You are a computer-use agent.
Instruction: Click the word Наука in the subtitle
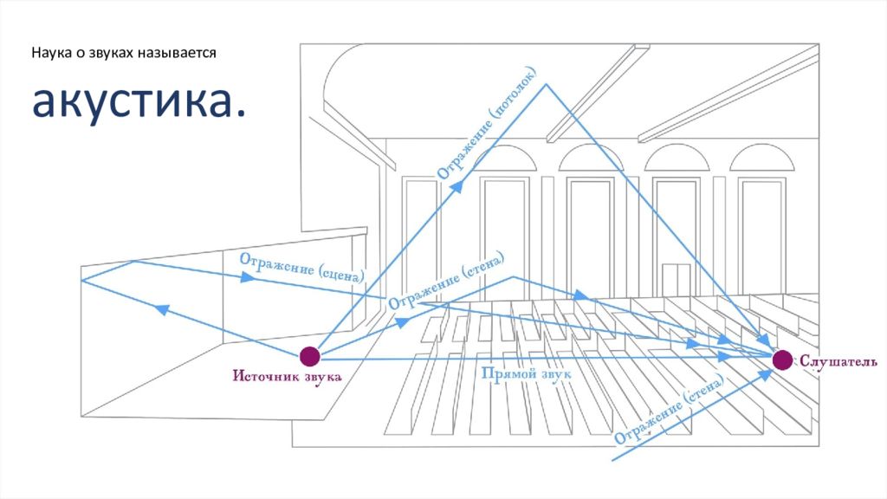click(50, 53)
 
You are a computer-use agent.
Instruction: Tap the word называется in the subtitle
click(180, 53)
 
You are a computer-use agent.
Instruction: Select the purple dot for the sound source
click(309, 355)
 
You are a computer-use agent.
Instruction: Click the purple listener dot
click(782, 360)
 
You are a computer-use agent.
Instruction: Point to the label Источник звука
click(287, 377)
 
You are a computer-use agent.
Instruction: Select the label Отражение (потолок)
click(490, 128)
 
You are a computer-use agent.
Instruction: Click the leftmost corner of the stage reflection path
click(81, 280)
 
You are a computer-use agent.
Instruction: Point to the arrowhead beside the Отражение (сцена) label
click(248, 278)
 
